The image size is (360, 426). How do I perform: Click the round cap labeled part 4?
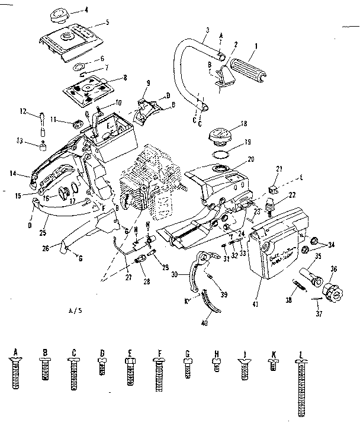click(x=60, y=12)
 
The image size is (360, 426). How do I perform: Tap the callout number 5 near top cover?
click(x=107, y=23)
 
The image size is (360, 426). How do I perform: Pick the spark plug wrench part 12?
click(x=44, y=121)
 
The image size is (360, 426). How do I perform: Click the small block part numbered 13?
click(x=43, y=145)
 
